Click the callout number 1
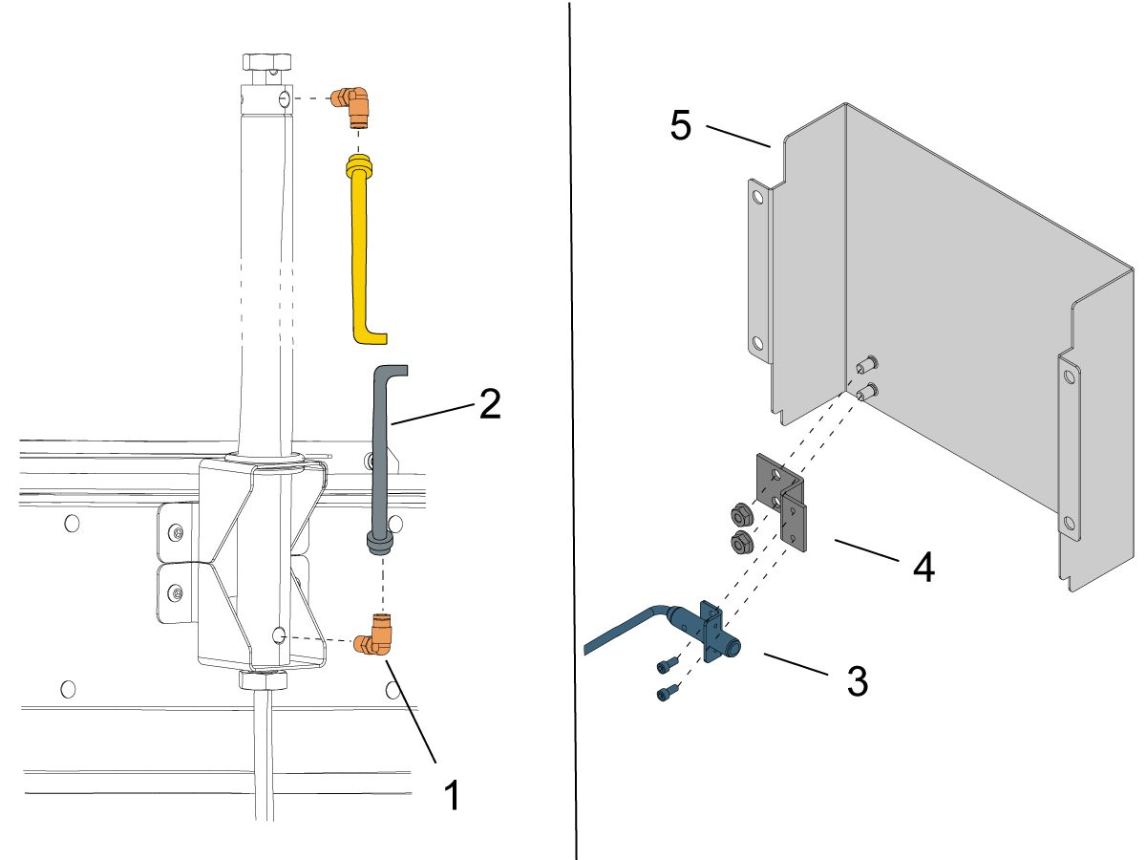[x=453, y=795]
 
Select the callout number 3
[x=857, y=680]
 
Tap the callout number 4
[x=923, y=565]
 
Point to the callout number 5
[x=680, y=126]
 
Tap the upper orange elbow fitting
[x=350, y=103]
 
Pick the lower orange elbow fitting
[x=371, y=645]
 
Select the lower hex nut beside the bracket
[x=740, y=543]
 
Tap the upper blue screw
[x=666, y=662]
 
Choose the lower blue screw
[x=666, y=693]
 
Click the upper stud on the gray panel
[x=867, y=364]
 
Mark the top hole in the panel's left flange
[x=757, y=199]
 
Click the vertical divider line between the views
[x=574, y=430]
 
